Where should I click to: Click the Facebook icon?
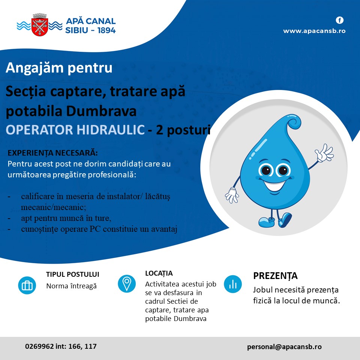click(340, 20)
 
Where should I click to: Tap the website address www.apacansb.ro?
click(314, 31)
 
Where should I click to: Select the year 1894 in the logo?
click(106, 30)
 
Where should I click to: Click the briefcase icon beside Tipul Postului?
click(27, 285)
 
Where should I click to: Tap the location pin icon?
click(127, 283)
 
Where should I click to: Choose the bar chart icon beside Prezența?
click(233, 284)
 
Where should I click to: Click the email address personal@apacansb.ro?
click(284, 346)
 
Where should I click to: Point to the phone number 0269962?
click(39, 346)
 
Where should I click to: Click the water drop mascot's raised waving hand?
click(324, 153)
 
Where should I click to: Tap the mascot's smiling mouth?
click(274, 185)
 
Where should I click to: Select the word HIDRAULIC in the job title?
click(110, 130)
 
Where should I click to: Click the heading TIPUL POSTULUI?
click(72, 274)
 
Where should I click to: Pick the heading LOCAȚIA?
click(159, 273)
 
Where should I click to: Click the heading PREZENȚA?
click(275, 276)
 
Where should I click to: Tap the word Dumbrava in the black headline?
click(101, 111)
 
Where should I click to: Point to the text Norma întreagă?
click(71, 286)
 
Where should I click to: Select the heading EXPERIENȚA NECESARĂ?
click(53, 153)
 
